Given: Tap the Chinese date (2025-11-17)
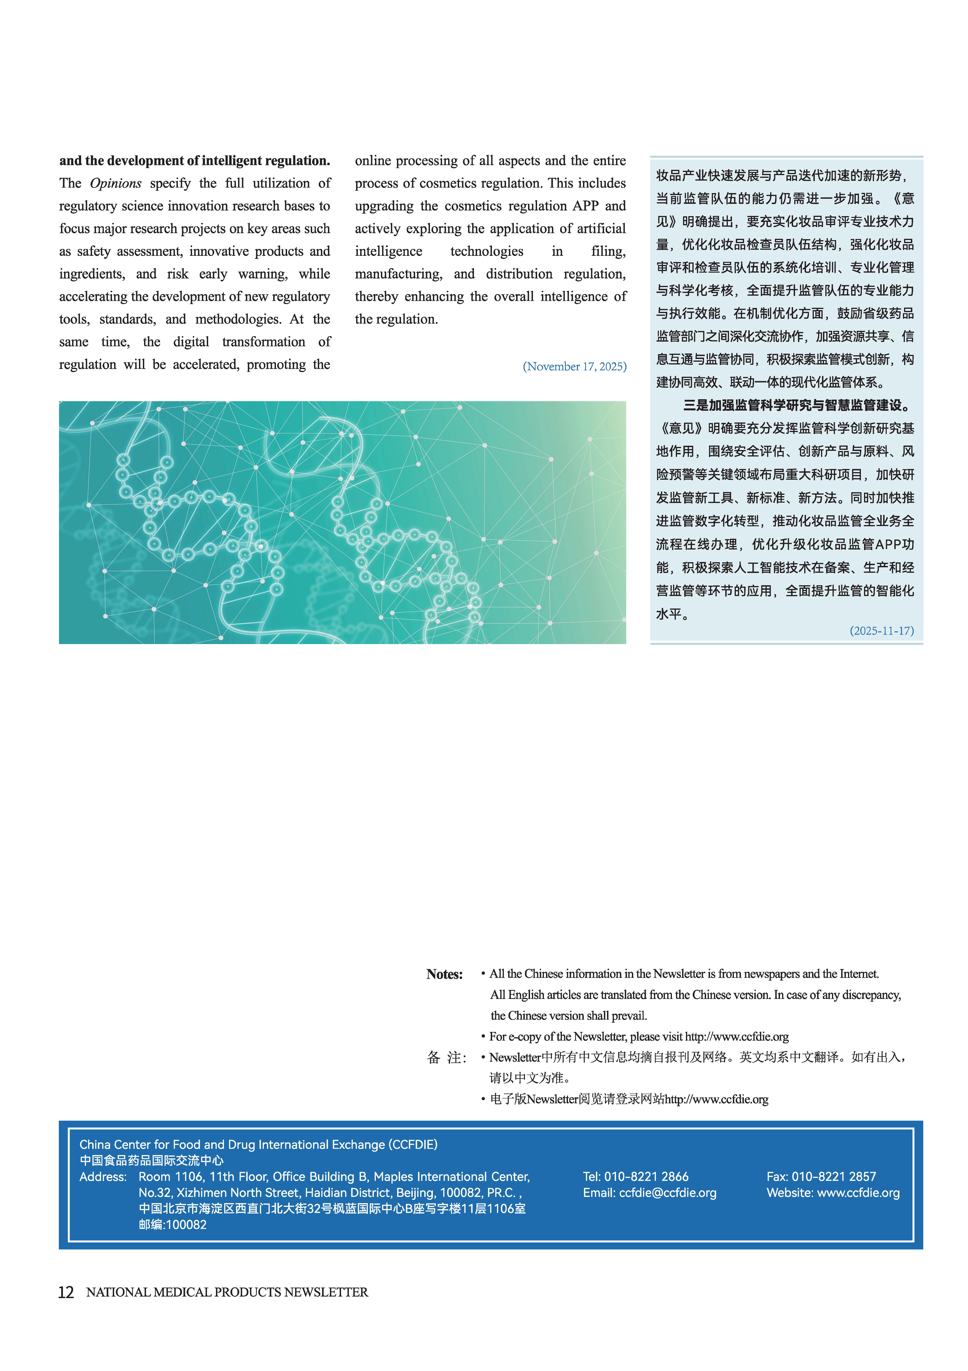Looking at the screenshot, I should click(881, 631).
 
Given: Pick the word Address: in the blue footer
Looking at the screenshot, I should click(103, 1176).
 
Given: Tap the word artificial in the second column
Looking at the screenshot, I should click(598, 229).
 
